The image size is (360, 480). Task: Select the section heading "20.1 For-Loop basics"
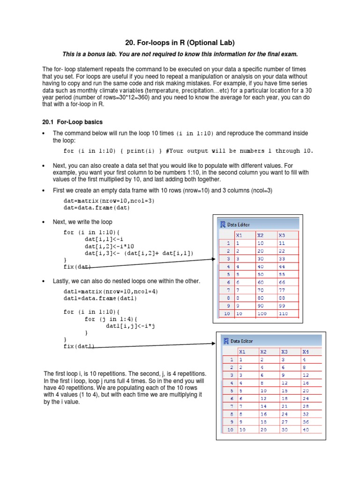72,122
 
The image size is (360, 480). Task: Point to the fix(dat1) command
79,346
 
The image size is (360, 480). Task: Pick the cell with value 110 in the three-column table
284,313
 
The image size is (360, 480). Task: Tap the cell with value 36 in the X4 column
306,422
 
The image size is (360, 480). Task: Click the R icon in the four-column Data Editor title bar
226,341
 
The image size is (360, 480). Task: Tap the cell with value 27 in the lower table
284,422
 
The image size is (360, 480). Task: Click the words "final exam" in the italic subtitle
282,54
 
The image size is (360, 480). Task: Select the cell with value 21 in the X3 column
284,406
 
